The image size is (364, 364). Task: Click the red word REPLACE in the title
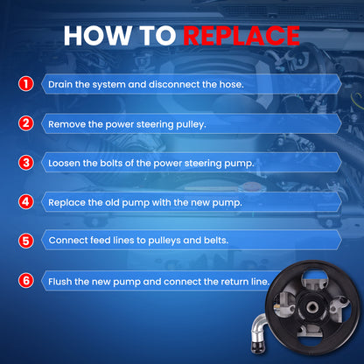[x=241, y=36]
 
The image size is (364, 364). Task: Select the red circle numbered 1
[x=26, y=84]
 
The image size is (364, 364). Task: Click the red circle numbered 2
[x=26, y=123]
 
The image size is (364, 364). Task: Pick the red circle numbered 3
[x=26, y=163]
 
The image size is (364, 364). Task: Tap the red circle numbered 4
[x=26, y=202]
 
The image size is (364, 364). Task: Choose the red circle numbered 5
[x=26, y=241]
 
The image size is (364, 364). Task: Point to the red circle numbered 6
[x=26, y=281]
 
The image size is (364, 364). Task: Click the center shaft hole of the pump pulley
[x=311, y=307]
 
